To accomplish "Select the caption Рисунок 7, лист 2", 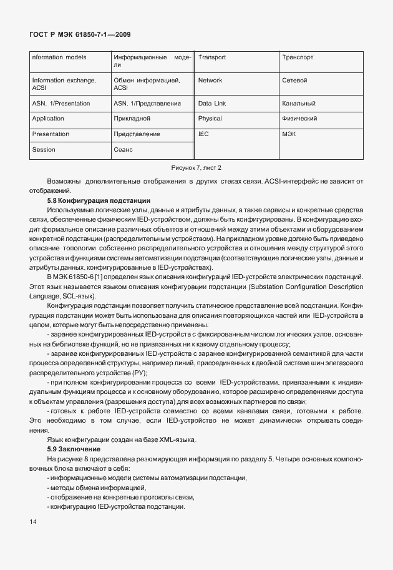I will click(x=196, y=167).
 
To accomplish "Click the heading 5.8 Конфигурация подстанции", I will click(x=99, y=200).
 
